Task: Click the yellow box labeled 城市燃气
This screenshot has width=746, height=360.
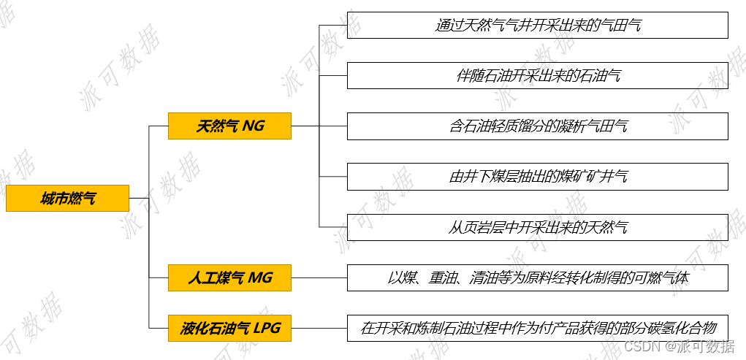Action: [x=67, y=199]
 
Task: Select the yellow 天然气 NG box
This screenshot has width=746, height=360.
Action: [x=229, y=126]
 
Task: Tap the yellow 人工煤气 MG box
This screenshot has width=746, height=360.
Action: [x=229, y=278]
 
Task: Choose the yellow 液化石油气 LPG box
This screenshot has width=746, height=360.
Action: [x=229, y=329]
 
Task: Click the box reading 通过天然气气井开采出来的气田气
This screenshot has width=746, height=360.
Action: [x=537, y=26]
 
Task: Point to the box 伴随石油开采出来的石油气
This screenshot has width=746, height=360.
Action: [x=537, y=76]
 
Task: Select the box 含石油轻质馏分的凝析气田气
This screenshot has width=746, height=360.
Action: [x=537, y=126]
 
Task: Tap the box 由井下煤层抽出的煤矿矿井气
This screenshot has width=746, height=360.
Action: [x=537, y=177]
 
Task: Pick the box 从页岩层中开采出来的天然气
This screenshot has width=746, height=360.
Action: [x=537, y=228]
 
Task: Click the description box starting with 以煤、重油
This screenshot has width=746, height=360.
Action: [x=537, y=278]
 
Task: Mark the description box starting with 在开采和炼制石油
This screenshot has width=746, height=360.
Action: [x=537, y=329]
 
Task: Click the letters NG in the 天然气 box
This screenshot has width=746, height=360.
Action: [x=254, y=126]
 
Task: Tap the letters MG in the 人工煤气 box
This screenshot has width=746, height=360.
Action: [x=260, y=278]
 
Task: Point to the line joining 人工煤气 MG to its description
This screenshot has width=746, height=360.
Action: [x=319, y=278]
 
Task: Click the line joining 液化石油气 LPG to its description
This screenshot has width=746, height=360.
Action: [x=319, y=329]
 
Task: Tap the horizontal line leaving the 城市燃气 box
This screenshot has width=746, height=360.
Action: [x=139, y=199]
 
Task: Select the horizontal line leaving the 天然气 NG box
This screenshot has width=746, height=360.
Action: [x=305, y=126]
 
